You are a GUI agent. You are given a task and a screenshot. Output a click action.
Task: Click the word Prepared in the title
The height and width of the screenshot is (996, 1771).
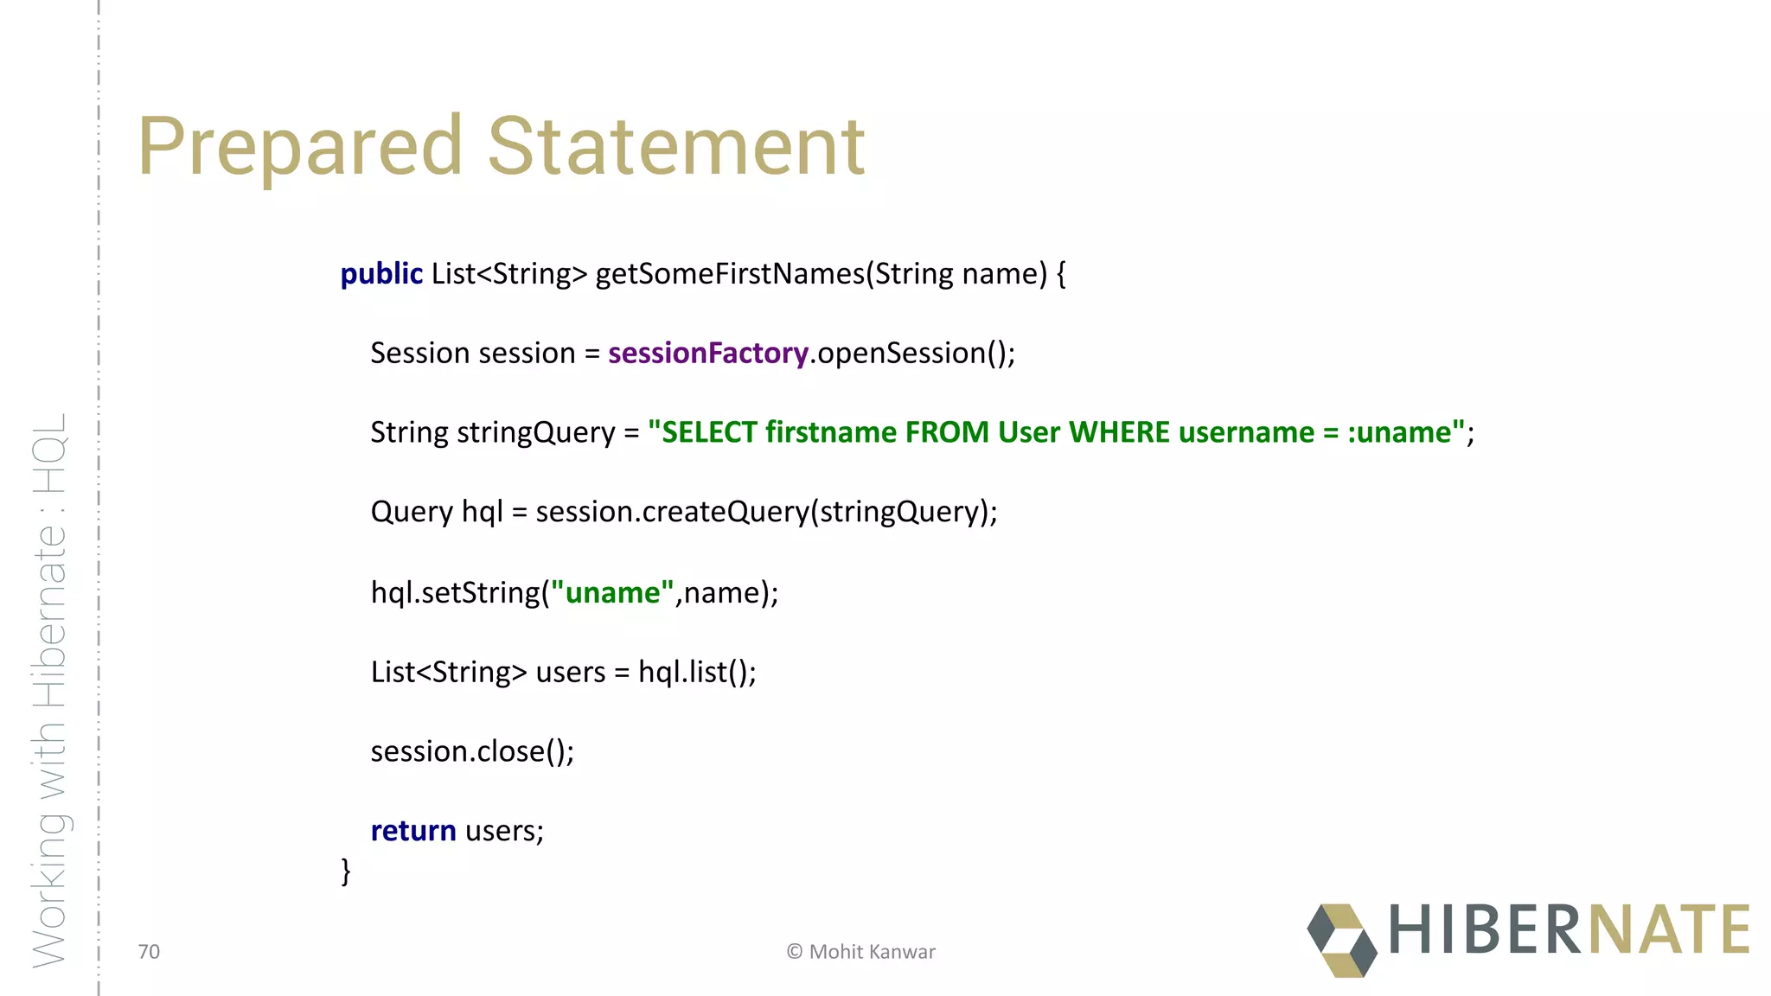300,147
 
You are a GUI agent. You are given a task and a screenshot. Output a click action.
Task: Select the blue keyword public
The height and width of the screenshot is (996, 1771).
381,274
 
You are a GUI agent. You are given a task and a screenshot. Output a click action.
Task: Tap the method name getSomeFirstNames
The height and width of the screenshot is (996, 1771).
730,274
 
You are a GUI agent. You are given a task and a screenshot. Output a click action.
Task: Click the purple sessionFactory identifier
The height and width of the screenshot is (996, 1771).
708,354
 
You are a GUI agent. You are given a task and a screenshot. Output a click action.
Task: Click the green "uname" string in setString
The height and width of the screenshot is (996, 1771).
612,593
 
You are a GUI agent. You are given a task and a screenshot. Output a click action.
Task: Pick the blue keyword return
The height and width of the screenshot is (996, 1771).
413,831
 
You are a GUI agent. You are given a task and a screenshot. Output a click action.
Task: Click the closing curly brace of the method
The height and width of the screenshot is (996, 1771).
346,871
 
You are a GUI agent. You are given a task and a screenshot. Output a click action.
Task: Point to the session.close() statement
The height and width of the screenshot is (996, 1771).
472,751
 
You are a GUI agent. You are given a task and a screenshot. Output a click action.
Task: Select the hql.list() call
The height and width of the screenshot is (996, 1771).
697,673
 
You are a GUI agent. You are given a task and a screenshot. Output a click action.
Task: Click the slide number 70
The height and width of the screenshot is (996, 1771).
149,952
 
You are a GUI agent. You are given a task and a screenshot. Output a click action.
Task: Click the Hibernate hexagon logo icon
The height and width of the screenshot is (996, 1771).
1341,940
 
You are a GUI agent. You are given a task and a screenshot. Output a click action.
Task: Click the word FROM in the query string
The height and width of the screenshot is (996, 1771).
947,432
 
